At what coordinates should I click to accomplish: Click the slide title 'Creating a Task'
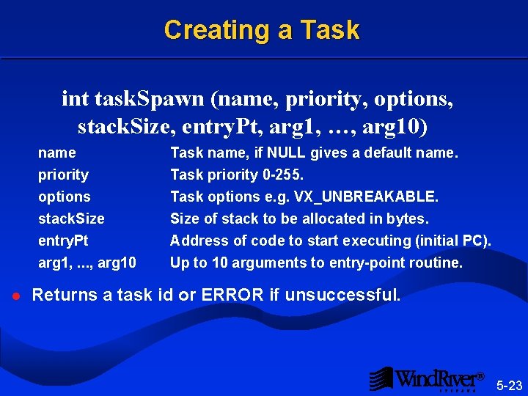262,30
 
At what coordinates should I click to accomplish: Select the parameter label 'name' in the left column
57,153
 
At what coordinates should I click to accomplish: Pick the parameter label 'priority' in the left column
63,175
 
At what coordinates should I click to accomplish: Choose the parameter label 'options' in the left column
65,197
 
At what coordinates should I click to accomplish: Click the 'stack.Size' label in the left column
71,219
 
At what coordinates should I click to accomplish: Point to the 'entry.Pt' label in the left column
63,241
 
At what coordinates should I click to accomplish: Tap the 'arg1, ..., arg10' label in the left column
87,263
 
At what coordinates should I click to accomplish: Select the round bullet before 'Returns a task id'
15,296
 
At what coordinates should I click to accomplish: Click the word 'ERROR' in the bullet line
232,296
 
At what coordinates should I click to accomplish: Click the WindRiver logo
428,378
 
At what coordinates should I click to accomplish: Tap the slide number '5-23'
510,385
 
